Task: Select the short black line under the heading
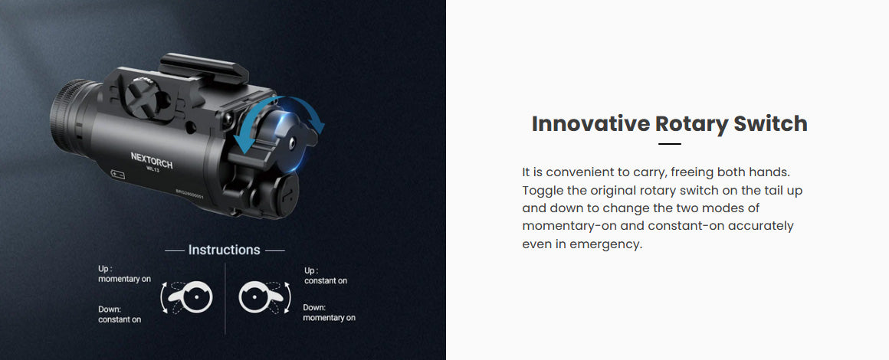click(x=670, y=144)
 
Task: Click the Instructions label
click(x=224, y=250)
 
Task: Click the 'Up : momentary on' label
click(x=124, y=274)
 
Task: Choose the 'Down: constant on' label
click(x=120, y=314)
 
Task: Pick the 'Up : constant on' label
click(x=326, y=276)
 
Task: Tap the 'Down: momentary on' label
click(x=329, y=313)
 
